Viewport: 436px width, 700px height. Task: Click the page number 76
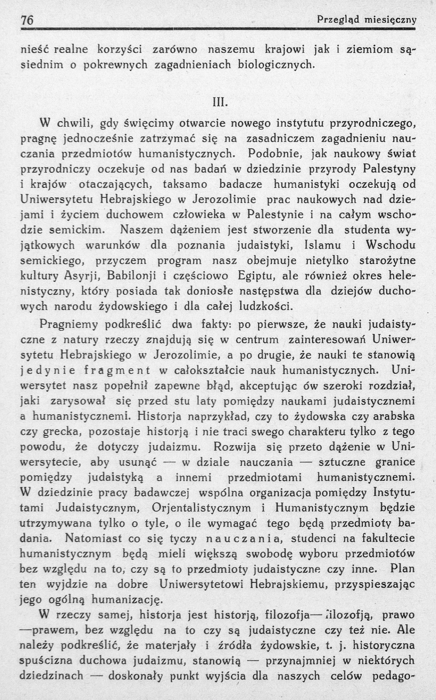pyautogui.click(x=27, y=20)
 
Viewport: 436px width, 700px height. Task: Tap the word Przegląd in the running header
pyautogui.click(x=338, y=20)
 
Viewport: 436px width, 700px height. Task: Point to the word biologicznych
pyautogui.click(x=276, y=65)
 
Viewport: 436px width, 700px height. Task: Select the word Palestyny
pyautogui.click(x=389, y=169)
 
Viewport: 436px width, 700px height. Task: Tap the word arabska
pyautogui.click(x=390, y=416)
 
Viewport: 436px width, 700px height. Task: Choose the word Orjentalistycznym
pyautogui.click(x=202, y=508)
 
